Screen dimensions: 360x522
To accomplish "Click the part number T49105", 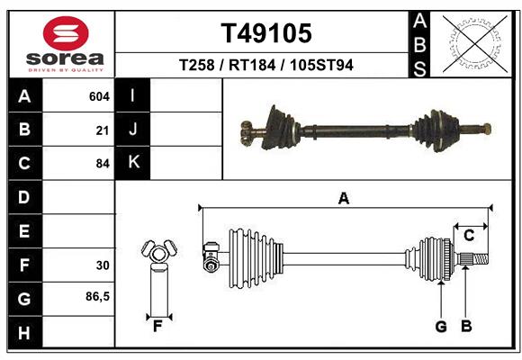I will click(x=266, y=33).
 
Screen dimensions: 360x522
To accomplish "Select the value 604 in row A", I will click(x=99, y=96).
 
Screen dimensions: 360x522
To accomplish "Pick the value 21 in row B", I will click(x=103, y=130).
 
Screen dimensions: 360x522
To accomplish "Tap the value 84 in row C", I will click(x=103, y=165).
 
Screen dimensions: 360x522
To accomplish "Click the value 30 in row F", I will click(x=103, y=265).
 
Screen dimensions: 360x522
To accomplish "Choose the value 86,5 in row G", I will click(x=97, y=296).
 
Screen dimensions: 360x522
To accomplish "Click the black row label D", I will click(x=24, y=197).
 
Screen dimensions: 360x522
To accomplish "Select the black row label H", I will click(x=24, y=333).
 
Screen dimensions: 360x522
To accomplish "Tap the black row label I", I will click(x=132, y=96).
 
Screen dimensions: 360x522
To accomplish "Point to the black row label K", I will click(x=132, y=163).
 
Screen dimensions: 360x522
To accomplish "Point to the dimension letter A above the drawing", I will click(x=343, y=198).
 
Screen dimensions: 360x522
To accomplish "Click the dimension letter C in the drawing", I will click(x=469, y=235).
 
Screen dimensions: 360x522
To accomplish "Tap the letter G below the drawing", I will click(x=441, y=326).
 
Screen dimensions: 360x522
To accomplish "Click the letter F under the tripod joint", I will click(x=157, y=326).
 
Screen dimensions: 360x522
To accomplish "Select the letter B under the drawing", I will click(x=466, y=326).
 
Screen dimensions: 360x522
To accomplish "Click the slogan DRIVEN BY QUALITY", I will click(x=65, y=69).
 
